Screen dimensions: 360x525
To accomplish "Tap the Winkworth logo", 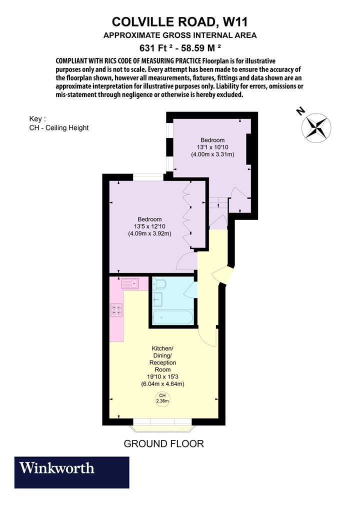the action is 71,472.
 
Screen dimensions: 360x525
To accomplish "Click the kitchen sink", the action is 130,283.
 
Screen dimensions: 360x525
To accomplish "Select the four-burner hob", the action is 117,309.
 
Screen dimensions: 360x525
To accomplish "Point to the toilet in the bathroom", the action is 159,284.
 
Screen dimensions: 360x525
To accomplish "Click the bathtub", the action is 173,317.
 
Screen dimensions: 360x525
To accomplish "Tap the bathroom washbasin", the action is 157,298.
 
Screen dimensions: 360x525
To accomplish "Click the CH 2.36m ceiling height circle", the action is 162,398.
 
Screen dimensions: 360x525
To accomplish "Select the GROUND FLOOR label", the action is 164,443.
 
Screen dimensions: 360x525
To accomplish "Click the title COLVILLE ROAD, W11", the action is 180,22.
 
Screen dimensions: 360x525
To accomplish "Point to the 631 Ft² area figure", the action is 156,48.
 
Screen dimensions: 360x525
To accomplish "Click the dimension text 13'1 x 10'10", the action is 212,147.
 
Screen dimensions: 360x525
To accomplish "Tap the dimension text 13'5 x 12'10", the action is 149,226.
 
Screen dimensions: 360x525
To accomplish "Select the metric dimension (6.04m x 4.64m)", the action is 163,383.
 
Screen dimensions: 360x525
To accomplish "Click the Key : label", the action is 37,119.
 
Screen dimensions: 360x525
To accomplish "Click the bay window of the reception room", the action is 162,425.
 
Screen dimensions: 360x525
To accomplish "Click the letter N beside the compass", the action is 301,111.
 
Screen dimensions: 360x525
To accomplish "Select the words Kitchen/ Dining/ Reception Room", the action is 162,359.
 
